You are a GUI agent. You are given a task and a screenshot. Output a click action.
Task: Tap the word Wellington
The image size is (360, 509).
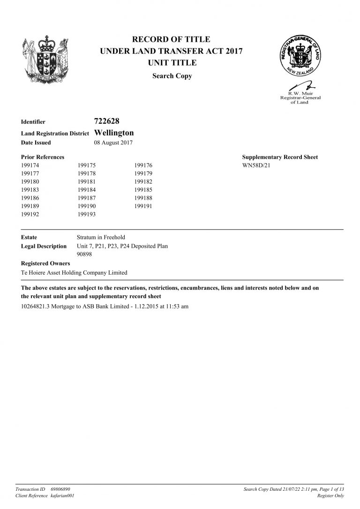click(114, 133)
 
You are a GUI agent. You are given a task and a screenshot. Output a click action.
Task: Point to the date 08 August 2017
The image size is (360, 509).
click(113, 142)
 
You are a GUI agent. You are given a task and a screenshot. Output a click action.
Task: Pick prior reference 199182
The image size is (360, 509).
click(143, 181)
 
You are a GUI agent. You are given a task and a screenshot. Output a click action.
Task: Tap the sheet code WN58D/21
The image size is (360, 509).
click(256, 165)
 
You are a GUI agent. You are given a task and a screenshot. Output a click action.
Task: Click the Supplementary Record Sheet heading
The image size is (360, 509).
click(279, 157)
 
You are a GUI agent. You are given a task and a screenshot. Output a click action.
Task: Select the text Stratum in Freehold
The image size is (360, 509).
click(101, 237)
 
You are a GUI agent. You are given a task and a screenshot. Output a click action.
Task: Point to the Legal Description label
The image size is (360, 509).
click(44, 246)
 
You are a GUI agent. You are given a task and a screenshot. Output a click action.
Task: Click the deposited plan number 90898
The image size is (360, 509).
click(84, 254)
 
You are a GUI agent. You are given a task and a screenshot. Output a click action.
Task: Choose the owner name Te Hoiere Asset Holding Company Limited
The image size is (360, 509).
click(74, 272)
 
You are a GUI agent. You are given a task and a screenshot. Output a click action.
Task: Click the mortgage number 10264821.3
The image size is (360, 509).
click(37, 307)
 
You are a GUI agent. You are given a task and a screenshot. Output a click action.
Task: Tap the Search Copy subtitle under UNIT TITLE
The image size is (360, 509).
click(172, 76)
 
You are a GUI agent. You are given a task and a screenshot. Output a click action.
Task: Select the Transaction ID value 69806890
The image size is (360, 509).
click(60, 489)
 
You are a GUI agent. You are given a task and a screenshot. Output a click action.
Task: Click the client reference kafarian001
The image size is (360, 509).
click(62, 496)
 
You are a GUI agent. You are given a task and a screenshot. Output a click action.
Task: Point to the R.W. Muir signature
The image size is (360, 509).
click(301, 86)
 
